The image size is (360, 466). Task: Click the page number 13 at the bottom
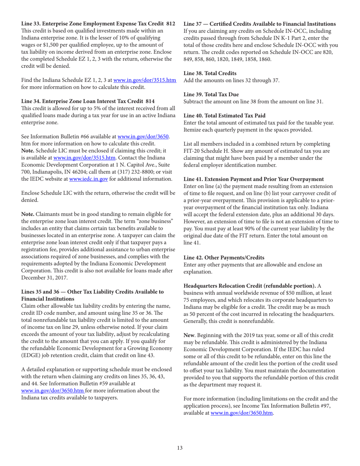(180, 448)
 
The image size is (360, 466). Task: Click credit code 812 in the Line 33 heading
(170, 24)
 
